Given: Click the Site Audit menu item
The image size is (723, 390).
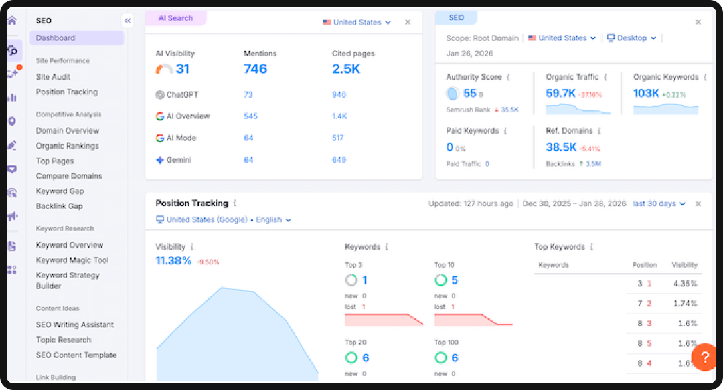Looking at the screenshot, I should [54, 77].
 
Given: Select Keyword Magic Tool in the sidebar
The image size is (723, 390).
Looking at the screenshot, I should [72, 260].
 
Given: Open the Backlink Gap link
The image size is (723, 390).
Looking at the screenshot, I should [59, 207].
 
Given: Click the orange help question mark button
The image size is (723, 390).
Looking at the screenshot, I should [704, 357].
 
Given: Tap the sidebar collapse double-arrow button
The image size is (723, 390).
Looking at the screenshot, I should [127, 21].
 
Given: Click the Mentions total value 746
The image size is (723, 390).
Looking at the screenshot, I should [255, 69].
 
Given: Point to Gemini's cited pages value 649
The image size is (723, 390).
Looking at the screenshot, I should [339, 160].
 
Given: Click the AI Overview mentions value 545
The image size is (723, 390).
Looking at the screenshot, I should [250, 116].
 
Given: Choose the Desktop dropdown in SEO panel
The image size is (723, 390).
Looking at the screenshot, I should [631, 38].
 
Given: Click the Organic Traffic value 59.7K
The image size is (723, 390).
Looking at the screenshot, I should [560, 93].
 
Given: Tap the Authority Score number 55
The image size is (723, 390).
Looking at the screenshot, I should [469, 94].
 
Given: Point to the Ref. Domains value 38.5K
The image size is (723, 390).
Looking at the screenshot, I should [561, 147].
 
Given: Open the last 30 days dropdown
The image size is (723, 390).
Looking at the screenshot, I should [659, 203].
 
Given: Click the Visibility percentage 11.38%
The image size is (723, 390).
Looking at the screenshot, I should [173, 260].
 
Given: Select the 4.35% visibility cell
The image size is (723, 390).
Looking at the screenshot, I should [685, 284].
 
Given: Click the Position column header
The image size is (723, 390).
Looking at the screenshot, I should [644, 265].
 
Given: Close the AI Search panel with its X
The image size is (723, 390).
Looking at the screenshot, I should [408, 22].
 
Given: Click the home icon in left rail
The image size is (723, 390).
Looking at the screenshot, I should [11, 21].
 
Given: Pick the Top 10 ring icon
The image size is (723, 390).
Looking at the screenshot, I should [440, 280].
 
